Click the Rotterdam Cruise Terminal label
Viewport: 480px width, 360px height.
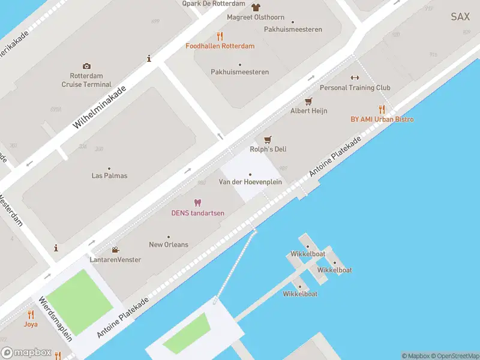click(x=86, y=80)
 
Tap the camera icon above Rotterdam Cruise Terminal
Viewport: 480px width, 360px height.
click(x=87, y=66)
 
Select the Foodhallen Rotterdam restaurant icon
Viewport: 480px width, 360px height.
click(x=220, y=36)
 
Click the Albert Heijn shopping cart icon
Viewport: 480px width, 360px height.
click(x=309, y=101)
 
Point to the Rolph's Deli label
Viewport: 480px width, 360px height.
click(x=268, y=149)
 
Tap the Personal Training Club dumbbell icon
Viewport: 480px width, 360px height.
click(x=355, y=77)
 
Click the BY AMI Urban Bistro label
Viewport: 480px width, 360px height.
click(x=382, y=119)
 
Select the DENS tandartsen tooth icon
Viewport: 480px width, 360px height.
click(x=198, y=203)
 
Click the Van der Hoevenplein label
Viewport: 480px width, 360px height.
click(x=250, y=182)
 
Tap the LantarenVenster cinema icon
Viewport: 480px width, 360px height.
click(x=115, y=250)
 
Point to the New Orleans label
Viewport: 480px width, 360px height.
click(x=169, y=245)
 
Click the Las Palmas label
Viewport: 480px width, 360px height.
click(x=109, y=176)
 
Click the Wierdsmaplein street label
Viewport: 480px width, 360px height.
click(x=55, y=319)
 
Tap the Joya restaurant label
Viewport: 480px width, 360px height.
click(x=31, y=324)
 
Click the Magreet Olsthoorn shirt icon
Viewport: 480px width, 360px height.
click(x=256, y=8)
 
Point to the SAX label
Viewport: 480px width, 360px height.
click(x=460, y=17)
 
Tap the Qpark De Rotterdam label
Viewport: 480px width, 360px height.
click(x=214, y=4)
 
